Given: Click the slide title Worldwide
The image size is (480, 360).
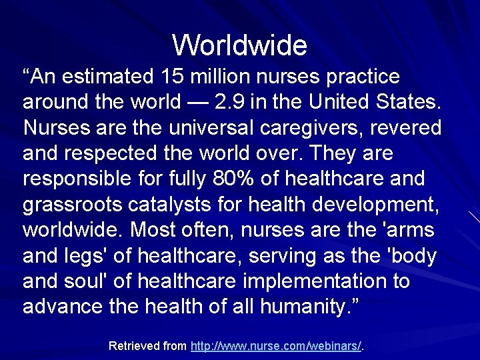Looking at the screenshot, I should [x=240, y=45].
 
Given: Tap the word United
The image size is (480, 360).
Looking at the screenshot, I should [x=361, y=103].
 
